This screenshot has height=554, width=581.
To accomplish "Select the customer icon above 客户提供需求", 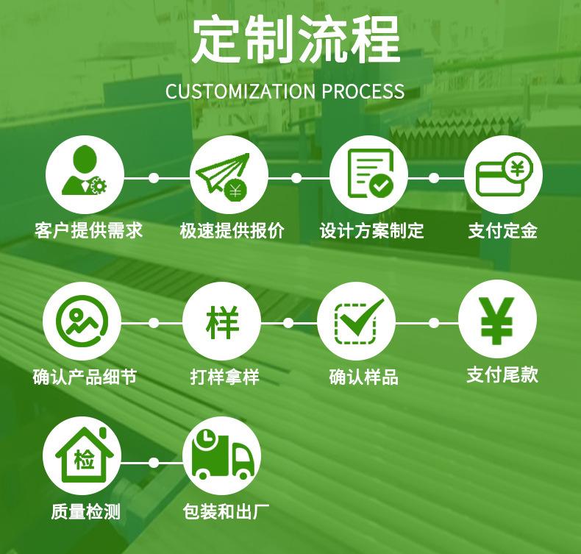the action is click(x=84, y=177).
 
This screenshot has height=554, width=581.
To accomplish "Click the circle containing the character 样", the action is click(x=221, y=322).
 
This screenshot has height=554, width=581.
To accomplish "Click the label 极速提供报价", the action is click(x=232, y=231).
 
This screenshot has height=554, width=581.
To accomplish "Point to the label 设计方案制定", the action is click(x=371, y=231).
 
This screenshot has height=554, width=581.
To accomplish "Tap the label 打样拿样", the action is click(x=224, y=377).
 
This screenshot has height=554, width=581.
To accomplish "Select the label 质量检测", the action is click(x=85, y=511).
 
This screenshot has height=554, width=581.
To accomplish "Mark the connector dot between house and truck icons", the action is click(x=154, y=463).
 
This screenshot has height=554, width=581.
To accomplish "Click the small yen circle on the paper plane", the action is click(x=235, y=191).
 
